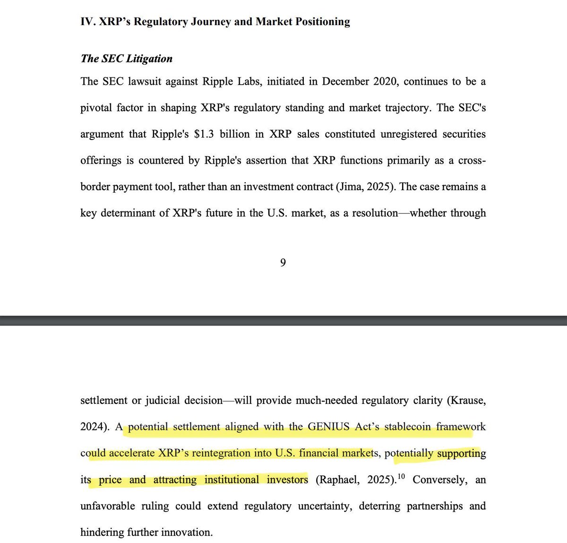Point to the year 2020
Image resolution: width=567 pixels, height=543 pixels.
pyautogui.click(x=385, y=81)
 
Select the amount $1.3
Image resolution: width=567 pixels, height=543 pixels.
pyautogui.click(x=204, y=134)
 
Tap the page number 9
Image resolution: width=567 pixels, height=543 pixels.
pyautogui.click(x=283, y=263)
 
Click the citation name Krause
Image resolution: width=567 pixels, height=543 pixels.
pyautogui.click(x=467, y=401)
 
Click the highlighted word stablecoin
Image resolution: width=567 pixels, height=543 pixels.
pyautogui.click(x=407, y=427)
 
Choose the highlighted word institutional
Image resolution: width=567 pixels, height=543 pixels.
pyautogui.click(x=232, y=480)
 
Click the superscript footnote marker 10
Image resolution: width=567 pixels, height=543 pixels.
pyautogui.click(x=401, y=477)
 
